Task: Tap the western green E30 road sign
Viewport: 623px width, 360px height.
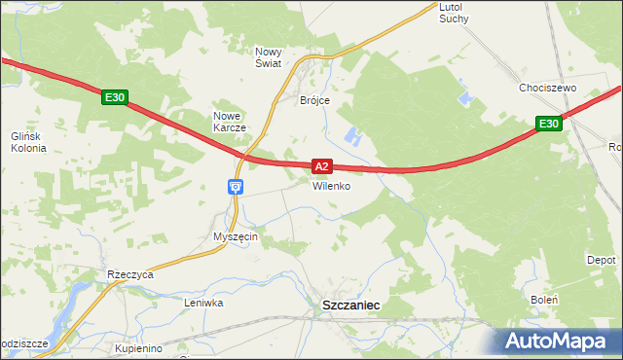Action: [114, 97]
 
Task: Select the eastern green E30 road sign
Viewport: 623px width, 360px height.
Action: [548, 124]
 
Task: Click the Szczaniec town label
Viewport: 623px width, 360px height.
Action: [350, 306]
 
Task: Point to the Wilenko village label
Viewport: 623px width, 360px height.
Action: [331, 186]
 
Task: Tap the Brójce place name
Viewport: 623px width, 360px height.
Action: [315, 100]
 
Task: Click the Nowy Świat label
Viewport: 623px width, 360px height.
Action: [268, 57]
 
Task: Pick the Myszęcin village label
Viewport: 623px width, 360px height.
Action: [235, 237]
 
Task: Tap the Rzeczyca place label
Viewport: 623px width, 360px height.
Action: [131, 275]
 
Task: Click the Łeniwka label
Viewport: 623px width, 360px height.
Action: [204, 303]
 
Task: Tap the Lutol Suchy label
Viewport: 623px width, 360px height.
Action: [455, 13]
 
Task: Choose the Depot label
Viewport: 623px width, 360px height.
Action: [601, 261]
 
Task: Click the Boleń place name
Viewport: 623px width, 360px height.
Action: [544, 300]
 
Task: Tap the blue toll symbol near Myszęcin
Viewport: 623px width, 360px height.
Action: [235, 186]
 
